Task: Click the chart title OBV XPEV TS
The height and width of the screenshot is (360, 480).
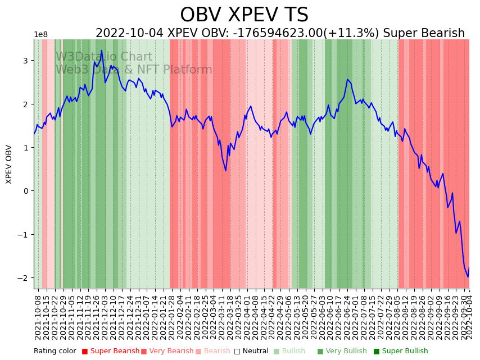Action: (x=244, y=15)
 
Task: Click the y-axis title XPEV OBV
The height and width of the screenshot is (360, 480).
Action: (x=9, y=164)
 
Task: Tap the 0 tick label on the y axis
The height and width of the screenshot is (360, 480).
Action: (x=25, y=191)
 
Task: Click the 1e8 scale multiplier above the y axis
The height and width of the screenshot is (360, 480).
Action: (x=40, y=35)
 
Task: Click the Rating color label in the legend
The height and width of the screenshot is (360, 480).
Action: (x=55, y=352)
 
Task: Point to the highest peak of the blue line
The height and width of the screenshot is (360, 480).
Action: (x=102, y=51)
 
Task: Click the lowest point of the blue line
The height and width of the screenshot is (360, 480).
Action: (x=467, y=277)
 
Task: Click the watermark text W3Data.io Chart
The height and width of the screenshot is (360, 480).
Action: (x=104, y=57)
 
